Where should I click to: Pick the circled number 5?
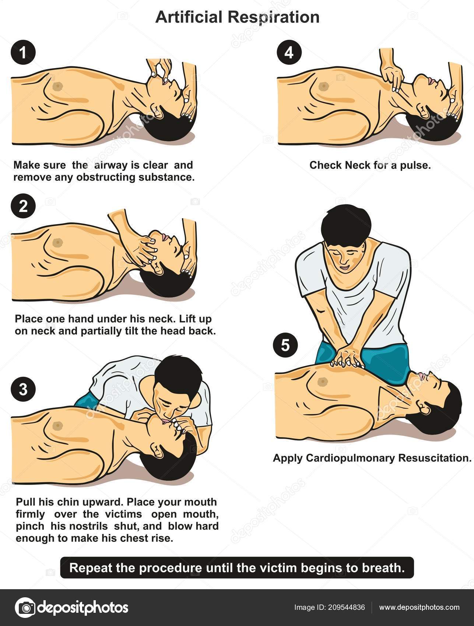pos(285,345)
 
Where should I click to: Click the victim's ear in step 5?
pos(425,407)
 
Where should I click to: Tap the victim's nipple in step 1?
pos(58,86)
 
